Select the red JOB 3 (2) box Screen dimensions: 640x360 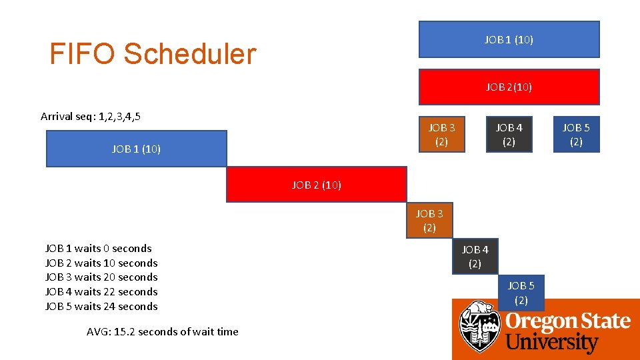point(441,135)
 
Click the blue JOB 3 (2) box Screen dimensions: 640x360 point(429,221)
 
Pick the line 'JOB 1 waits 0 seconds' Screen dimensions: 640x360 point(99,249)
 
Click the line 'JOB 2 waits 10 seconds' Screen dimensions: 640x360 point(101,263)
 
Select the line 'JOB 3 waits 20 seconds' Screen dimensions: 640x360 point(101,277)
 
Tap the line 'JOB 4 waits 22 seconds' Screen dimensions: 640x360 point(101,292)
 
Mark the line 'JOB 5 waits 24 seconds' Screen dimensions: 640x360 point(101,307)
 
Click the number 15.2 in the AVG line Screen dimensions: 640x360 point(124,332)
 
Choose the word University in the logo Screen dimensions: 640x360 point(552,343)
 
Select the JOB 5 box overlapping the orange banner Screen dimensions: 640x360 point(521,293)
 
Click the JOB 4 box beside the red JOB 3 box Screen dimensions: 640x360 point(509,135)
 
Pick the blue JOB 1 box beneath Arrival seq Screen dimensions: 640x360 point(136,149)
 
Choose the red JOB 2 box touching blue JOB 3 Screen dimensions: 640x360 point(316,185)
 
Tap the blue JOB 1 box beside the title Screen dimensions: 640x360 point(509,40)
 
